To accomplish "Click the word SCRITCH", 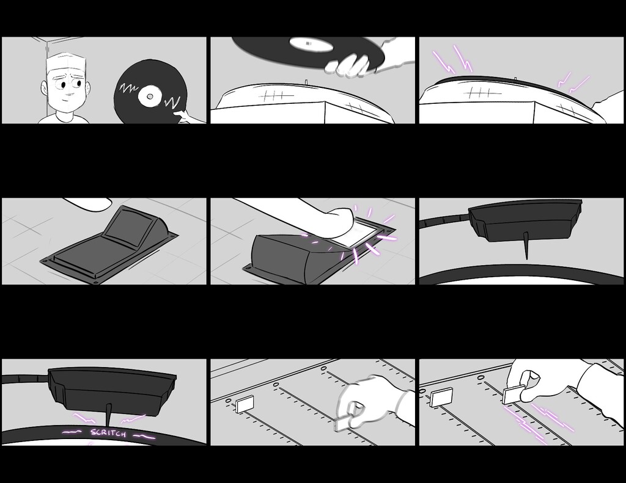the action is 108,433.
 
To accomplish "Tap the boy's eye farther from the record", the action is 63,85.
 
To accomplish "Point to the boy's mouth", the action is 70,95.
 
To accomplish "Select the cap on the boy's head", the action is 66,62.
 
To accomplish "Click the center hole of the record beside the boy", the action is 149,96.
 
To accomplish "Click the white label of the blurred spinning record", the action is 311,44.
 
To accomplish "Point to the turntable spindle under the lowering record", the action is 306,82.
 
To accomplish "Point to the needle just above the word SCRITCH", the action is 109,414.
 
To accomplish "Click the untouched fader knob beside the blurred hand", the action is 245,404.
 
